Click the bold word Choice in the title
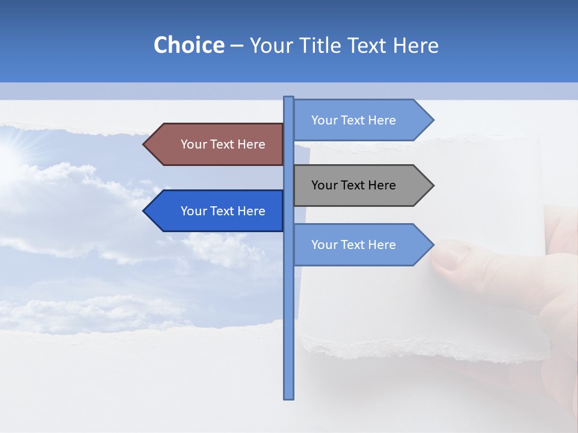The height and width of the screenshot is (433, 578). coord(188,45)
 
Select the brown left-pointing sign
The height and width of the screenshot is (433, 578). coord(217,144)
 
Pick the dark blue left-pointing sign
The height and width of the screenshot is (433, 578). coord(217,210)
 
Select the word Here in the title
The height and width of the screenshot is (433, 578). coord(415,45)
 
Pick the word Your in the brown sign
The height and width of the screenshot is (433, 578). coord(193,144)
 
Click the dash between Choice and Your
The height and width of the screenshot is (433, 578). coord(237,46)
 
